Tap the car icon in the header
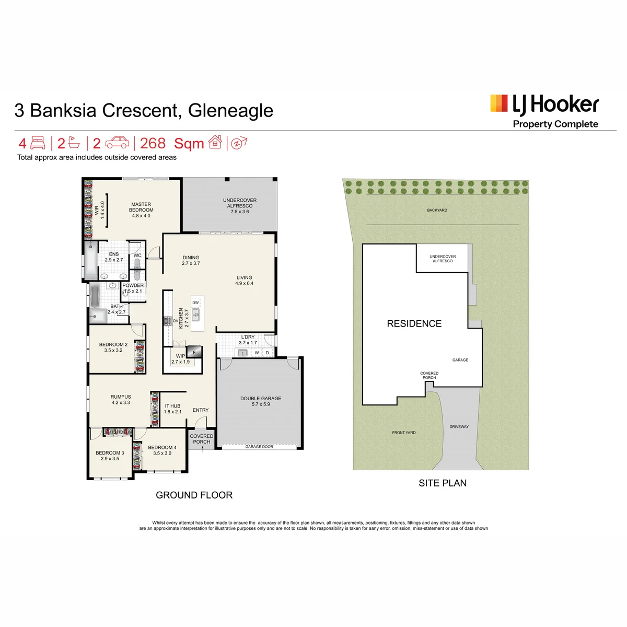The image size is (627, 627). pos(117,143)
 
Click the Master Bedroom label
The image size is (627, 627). pos(141,210)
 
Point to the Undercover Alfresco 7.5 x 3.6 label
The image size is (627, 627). pos(240,206)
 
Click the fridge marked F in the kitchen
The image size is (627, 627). pos(194,352)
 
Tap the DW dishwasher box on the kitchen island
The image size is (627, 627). pos(195,303)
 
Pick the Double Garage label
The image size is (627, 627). pos(261,401)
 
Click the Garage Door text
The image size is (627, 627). pos(259,446)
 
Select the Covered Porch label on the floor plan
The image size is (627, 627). pos(201,439)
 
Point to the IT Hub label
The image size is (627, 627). pos(172,409)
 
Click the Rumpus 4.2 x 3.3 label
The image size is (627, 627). pos(121,400)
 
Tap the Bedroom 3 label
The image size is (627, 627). pos(110,456)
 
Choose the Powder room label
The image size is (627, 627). pos(133,288)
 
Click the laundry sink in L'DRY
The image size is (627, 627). pos(243,353)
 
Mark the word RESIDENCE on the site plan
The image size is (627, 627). pos(414,323)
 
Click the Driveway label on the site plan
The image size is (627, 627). pos(459,426)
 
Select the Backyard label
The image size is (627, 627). pos(437,210)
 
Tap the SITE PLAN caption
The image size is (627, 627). pos(443,483)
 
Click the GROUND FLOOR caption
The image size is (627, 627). pos(194,495)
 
